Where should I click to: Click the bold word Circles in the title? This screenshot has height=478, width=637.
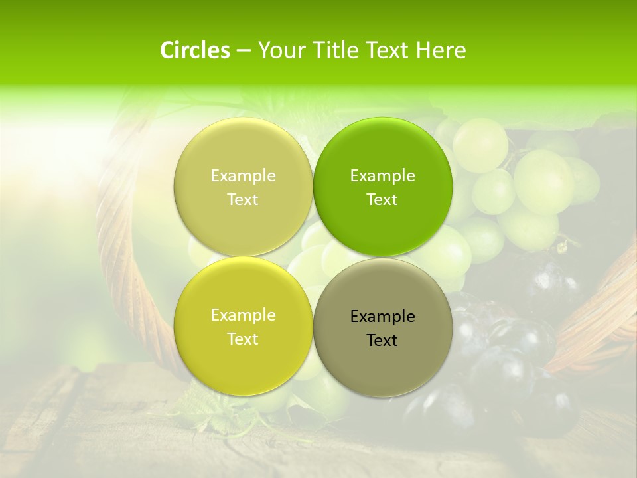click(x=194, y=50)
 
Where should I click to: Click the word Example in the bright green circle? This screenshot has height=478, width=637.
click(x=382, y=176)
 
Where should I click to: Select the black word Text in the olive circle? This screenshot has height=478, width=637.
click(x=382, y=341)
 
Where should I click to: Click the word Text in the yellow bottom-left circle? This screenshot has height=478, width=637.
click(x=243, y=339)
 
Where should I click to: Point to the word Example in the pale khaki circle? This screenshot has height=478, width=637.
click(x=243, y=176)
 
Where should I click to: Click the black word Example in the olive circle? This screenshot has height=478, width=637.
click(x=382, y=317)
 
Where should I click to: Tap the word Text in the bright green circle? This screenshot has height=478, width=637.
click(x=382, y=200)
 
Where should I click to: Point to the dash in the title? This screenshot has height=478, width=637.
click(x=244, y=51)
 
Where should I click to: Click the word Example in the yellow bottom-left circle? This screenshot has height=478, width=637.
click(x=243, y=315)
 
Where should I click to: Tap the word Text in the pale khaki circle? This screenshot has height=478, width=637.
click(x=243, y=200)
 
